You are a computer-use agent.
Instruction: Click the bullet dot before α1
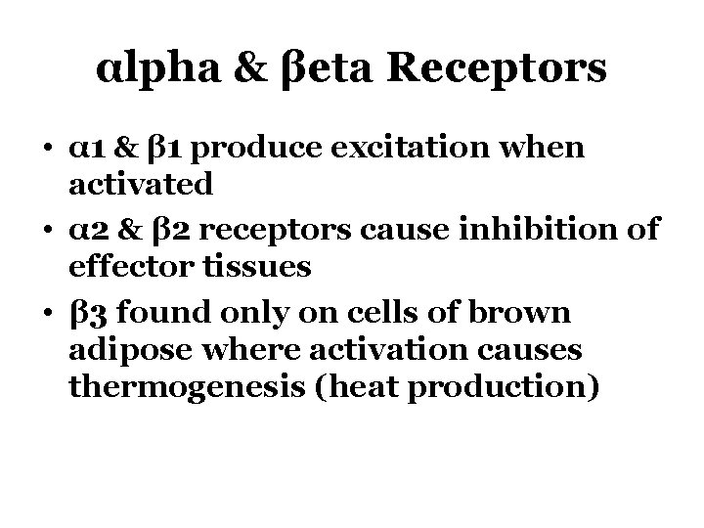(48, 151)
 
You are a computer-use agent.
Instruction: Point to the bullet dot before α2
(48, 230)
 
